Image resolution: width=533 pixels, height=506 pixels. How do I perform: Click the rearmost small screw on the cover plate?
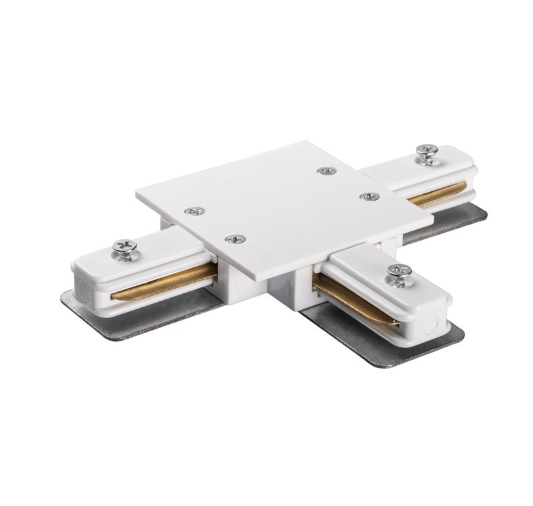point(326,171)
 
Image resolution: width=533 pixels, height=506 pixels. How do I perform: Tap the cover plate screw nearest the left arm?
point(194,211)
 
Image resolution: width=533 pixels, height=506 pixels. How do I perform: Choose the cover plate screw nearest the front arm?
point(234,238)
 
